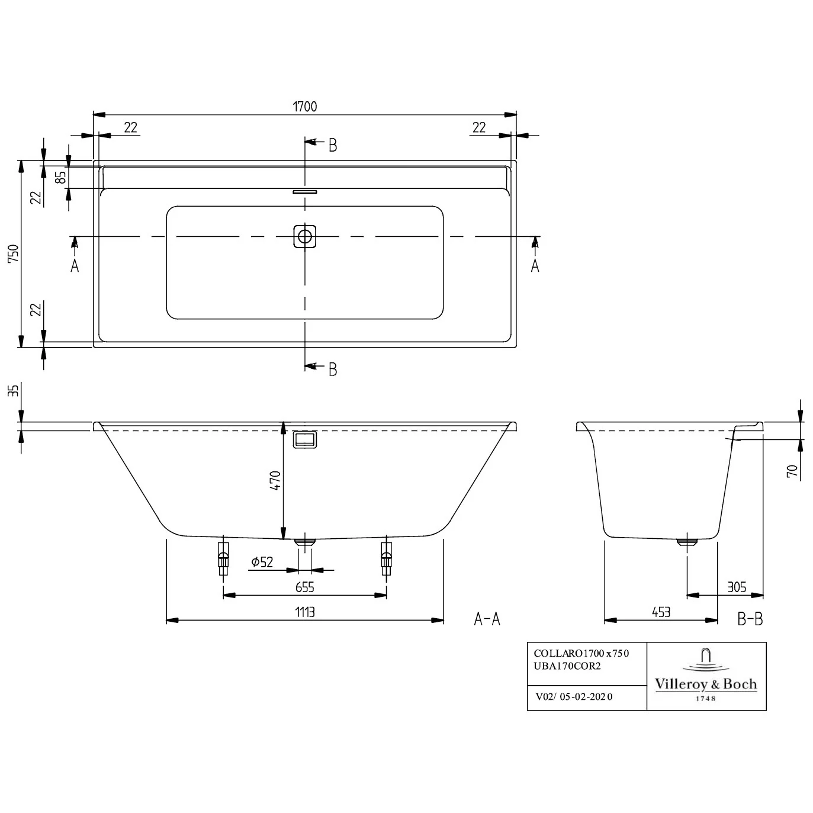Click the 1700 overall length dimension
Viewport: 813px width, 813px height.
click(304, 107)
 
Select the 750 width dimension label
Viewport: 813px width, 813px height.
click(14, 254)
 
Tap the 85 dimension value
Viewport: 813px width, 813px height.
click(61, 177)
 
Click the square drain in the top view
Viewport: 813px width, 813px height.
click(304, 236)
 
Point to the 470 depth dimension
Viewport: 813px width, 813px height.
click(275, 480)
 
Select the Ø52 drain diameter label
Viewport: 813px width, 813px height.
click(262, 562)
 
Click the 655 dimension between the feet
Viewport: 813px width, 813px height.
click(304, 587)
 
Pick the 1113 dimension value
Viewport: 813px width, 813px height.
click(304, 612)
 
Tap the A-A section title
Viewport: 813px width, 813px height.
click(487, 619)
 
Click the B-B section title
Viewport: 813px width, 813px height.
click(750, 619)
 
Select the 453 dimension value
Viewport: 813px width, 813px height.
click(661, 612)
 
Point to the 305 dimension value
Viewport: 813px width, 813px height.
click(737, 587)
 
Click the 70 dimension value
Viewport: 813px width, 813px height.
click(792, 471)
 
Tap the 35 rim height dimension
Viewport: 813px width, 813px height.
click(14, 390)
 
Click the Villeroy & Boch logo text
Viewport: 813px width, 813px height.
click(706, 684)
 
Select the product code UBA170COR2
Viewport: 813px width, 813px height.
click(567, 666)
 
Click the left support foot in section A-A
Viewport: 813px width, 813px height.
click(223, 558)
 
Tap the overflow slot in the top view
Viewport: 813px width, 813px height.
click(304, 192)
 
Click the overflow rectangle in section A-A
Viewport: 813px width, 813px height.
click(304, 439)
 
